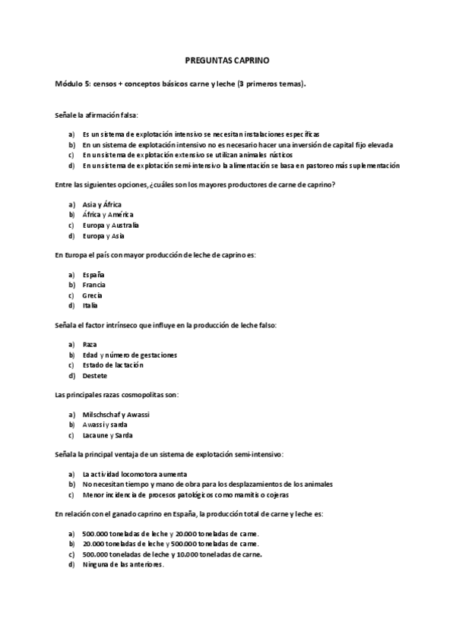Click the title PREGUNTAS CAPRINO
[x=227, y=58]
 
